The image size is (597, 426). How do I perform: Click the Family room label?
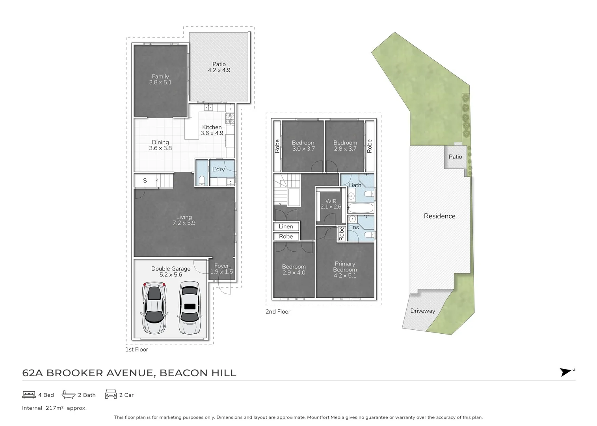pos(160,79)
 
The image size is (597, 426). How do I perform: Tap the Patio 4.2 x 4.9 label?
pos(219,67)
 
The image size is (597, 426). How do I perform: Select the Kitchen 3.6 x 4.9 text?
pos(212,130)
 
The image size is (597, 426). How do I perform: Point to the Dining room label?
pos(160,145)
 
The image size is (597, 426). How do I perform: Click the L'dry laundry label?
pos(218,169)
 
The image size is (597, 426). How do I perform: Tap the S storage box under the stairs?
pos(145,181)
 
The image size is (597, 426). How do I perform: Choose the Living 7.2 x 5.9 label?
pos(184,220)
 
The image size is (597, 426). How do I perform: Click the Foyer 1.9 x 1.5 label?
pos(221,269)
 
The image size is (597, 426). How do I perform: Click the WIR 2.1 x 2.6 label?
pos(331,204)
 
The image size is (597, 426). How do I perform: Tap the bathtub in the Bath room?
pos(360,208)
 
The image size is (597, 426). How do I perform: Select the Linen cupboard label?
pos(286,226)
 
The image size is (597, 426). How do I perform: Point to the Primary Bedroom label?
pos(345,269)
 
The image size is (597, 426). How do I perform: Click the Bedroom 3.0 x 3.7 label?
pos(303,146)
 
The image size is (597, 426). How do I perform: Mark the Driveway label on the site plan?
pos(422,311)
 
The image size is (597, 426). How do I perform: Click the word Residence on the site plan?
pos(439,216)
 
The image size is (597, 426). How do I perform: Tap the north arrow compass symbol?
pos(566,372)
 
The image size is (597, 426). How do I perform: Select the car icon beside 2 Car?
pos(111,394)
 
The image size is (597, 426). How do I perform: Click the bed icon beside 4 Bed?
pos(29,394)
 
